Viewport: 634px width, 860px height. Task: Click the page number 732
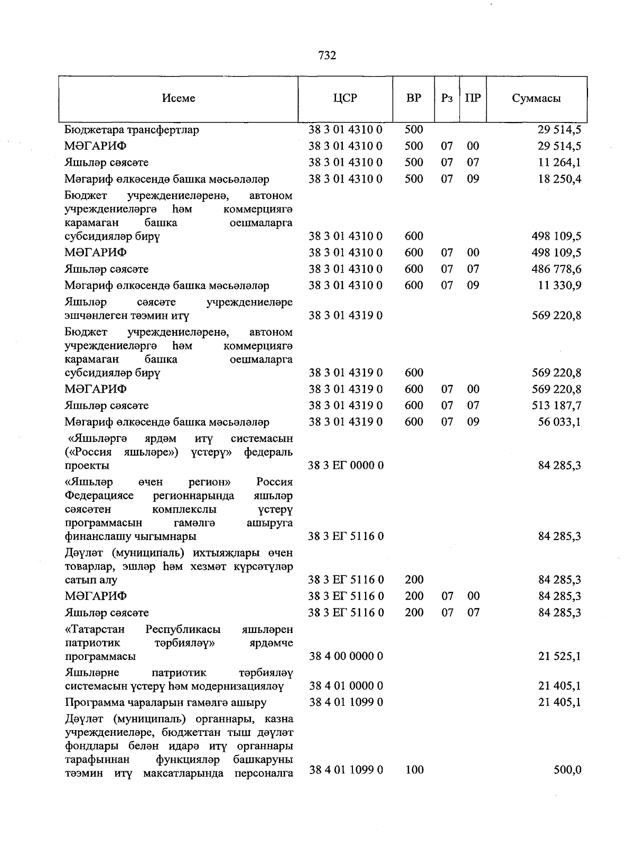(x=328, y=55)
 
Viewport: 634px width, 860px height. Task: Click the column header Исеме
(x=179, y=98)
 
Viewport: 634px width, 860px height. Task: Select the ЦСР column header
(x=346, y=98)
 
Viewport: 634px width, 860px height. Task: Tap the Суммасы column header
(x=536, y=98)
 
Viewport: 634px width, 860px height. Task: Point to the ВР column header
(x=414, y=98)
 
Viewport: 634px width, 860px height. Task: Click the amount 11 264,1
(x=560, y=163)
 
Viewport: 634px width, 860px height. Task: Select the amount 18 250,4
(x=560, y=179)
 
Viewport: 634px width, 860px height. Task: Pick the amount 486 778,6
(x=556, y=269)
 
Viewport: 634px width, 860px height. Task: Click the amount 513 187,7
(x=556, y=405)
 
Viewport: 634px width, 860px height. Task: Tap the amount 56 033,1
(x=560, y=422)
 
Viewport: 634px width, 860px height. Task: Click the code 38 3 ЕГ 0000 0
(x=346, y=466)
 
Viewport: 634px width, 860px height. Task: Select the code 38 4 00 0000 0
(x=346, y=656)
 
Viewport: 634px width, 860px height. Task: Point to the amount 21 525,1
(x=560, y=656)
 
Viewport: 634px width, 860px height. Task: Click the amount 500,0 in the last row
(x=567, y=770)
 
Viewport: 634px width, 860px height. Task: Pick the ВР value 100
(x=414, y=770)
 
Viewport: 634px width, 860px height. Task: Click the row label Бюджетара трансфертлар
(x=132, y=130)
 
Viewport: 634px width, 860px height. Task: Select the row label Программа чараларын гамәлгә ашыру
(x=165, y=703)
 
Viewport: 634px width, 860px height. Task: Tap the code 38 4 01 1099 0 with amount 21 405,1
(x=346, y=703)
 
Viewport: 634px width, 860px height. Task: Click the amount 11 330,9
(x=560, y=286)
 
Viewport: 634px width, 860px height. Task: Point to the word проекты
(x=87, y=466)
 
